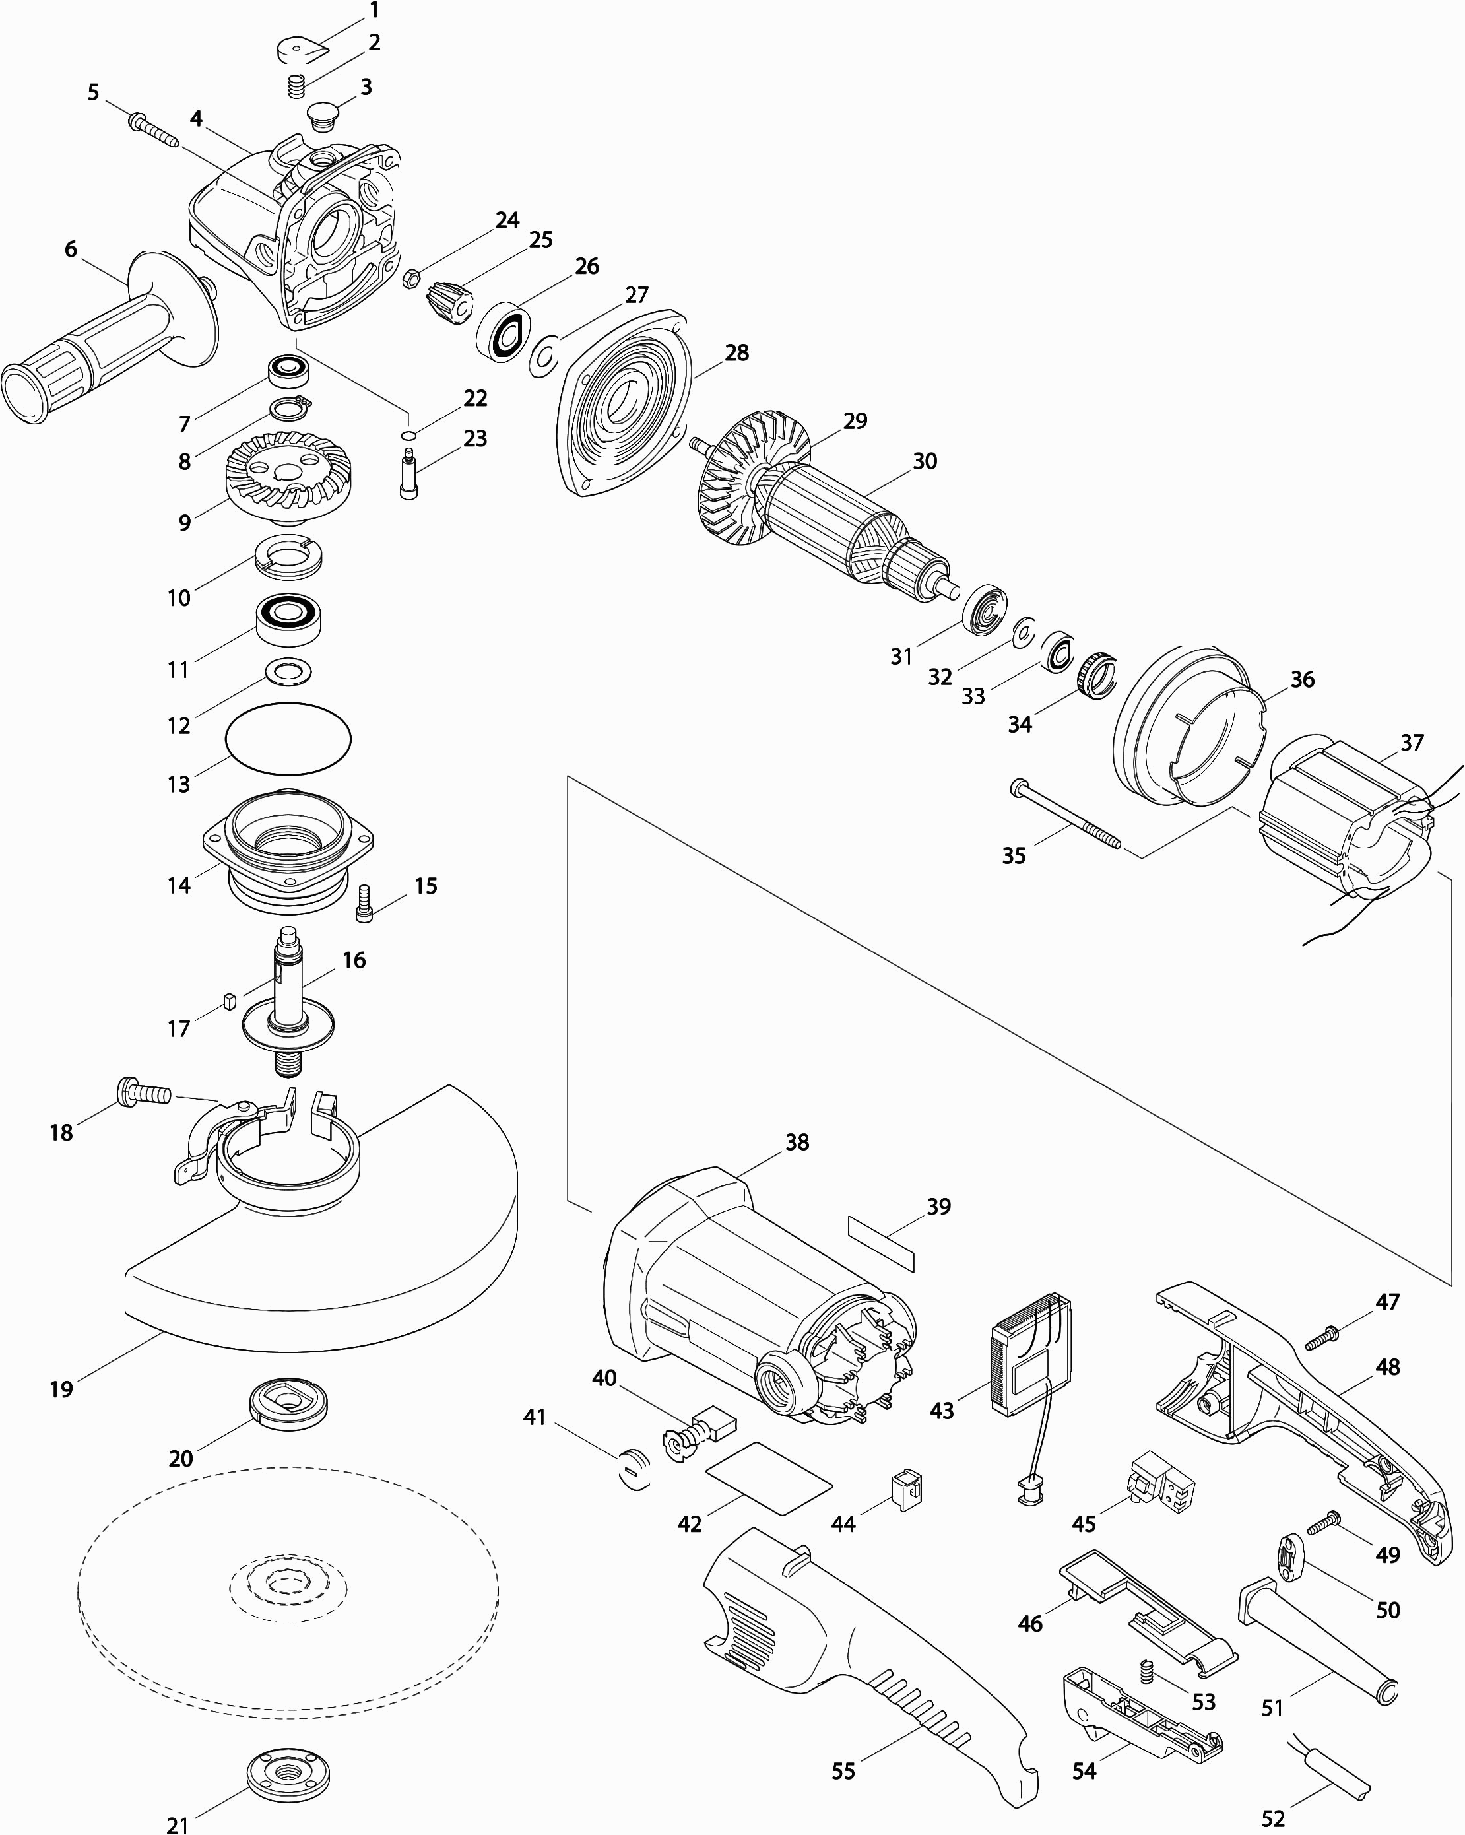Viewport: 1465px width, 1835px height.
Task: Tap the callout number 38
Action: click(x=797, y=1142)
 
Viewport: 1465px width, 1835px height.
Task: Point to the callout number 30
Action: click(x=925, y=461)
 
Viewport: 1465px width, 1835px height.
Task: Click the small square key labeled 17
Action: click(x=228, y=1000)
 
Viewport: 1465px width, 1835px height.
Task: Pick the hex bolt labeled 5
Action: click(x=153, y=130)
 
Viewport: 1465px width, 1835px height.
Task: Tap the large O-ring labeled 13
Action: click(x=288, y=739)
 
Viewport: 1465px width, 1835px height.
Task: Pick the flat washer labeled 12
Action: click(x=288, y=671)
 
